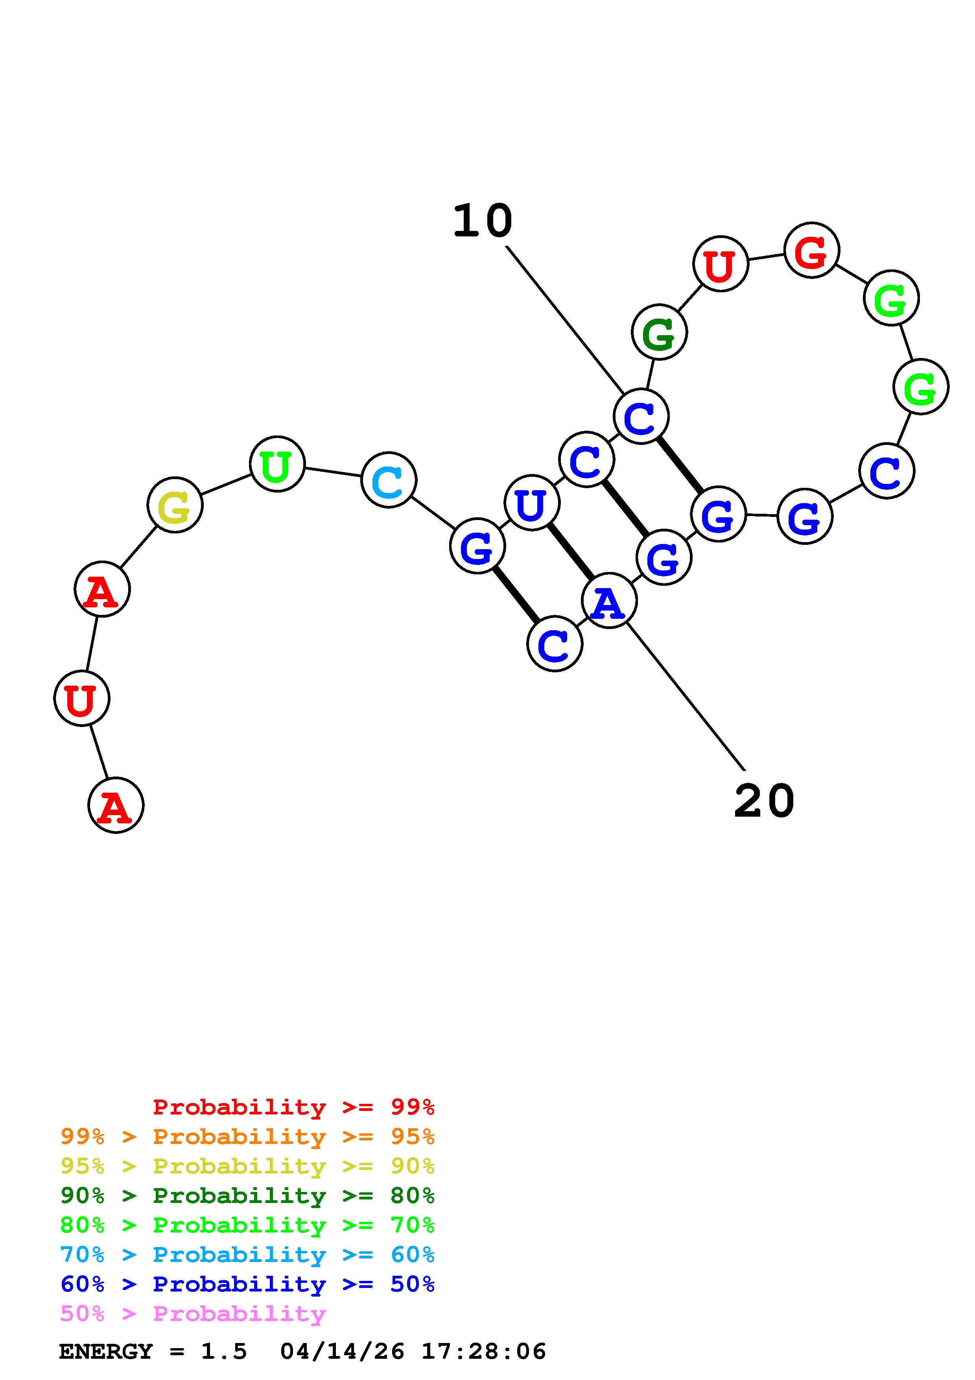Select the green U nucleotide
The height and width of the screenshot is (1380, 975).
click(x=277, y=464)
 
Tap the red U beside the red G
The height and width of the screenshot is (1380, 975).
click(x=720, y=264)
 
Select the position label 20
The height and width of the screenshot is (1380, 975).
click(x=764, y=801)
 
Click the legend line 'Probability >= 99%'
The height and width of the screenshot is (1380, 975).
click(x=294, y=1107)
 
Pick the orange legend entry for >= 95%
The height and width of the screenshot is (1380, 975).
click(x=247, y=1136)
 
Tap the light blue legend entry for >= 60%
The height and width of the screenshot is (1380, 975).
click(x=247, y=1255)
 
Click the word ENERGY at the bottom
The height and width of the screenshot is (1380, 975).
click(x=106, y=1352)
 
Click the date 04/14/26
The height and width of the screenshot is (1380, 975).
click(x=343, y=1352)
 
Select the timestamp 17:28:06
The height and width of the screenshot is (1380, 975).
click(x=484, y=1352)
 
